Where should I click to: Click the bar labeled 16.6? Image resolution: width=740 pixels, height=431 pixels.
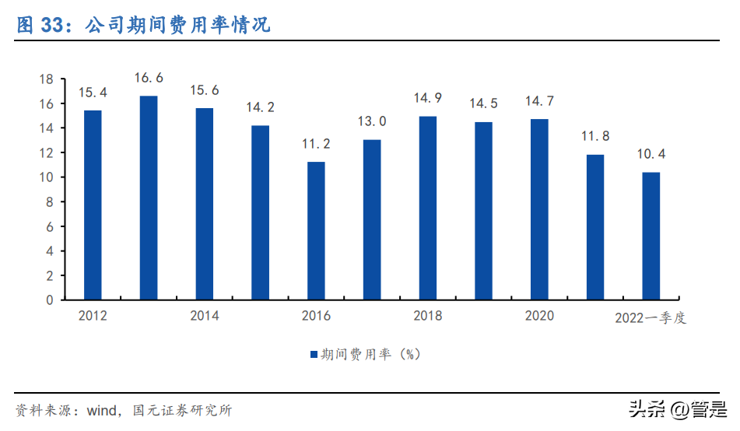[x=149, y=198]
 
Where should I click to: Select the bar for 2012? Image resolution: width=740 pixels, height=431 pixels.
[x=93, y=205]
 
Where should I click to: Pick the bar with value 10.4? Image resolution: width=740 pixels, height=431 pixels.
[x=651, y=236]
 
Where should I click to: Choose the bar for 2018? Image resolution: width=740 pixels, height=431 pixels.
[x=428, y=208]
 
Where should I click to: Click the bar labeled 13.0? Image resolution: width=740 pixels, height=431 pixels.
[x=372, y=219]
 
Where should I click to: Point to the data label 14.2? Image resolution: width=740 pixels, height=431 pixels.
[x=261, y=107]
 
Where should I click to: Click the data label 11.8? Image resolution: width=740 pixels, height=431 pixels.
[x=595, y=136]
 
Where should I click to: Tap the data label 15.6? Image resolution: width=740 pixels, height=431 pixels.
[x=205, y=90]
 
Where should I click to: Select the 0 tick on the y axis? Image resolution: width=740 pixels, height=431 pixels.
[x=49, y=300]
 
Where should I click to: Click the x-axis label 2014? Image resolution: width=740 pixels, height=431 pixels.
[x=204, y=316]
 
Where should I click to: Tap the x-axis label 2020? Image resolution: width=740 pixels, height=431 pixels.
[x=539, y=316]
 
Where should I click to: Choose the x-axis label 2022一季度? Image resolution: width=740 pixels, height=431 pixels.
[x=651, y=317]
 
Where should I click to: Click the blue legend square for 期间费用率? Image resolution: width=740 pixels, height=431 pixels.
[x=314, y=355]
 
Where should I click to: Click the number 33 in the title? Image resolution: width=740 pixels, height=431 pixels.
[x=51, y=25]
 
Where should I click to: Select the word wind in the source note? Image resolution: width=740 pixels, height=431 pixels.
[x=100, y=410]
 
